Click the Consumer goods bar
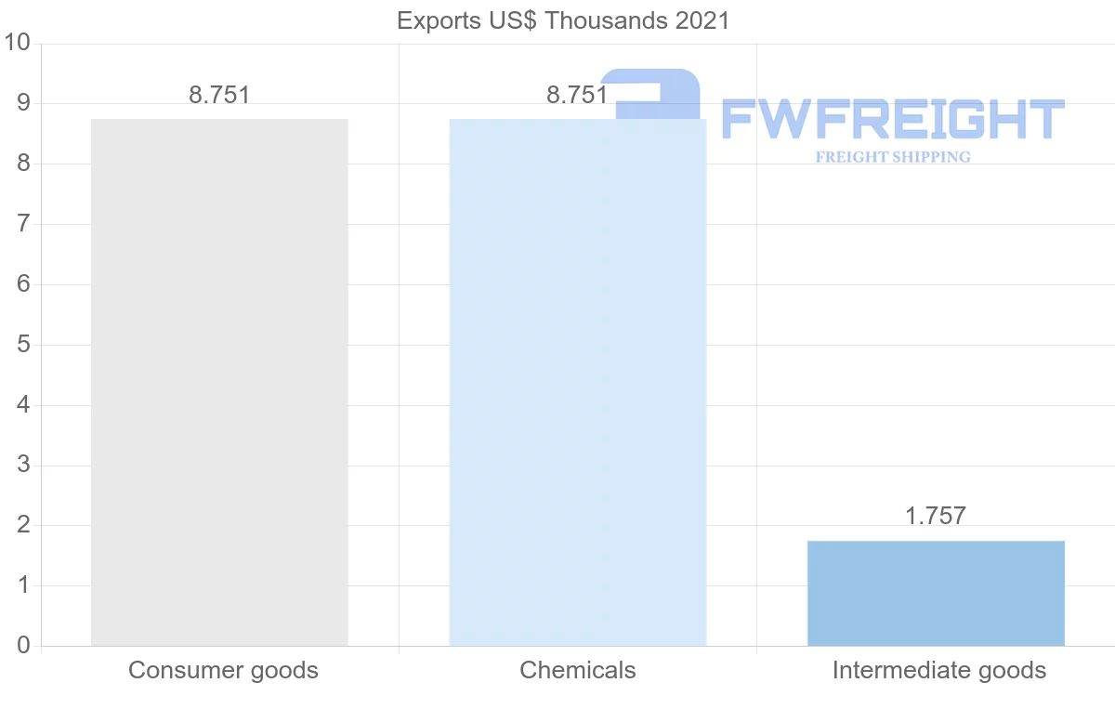coord(219,382)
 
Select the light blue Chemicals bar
coord(577,382)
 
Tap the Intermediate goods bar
coord(936,593)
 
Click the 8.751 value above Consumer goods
coord(219,95)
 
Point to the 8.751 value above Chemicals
coord(577,95)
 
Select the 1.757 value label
coord(936,516)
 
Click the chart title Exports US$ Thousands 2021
coord(563,20)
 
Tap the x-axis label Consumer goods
coord(223,670)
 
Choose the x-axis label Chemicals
coord(578,670)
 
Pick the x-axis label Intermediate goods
coord(939,670)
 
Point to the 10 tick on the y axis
coord(18,43)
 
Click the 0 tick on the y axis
coord(24,646)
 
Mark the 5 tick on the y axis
coord(24,345)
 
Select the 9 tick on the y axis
coord(24,103)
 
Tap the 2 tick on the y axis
coord(24,525)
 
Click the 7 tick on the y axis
coord(24,224)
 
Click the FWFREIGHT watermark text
coord(892,120)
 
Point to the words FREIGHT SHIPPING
coord(893,157)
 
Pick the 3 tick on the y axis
coord(24,465)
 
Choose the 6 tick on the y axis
coord(24,284)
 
